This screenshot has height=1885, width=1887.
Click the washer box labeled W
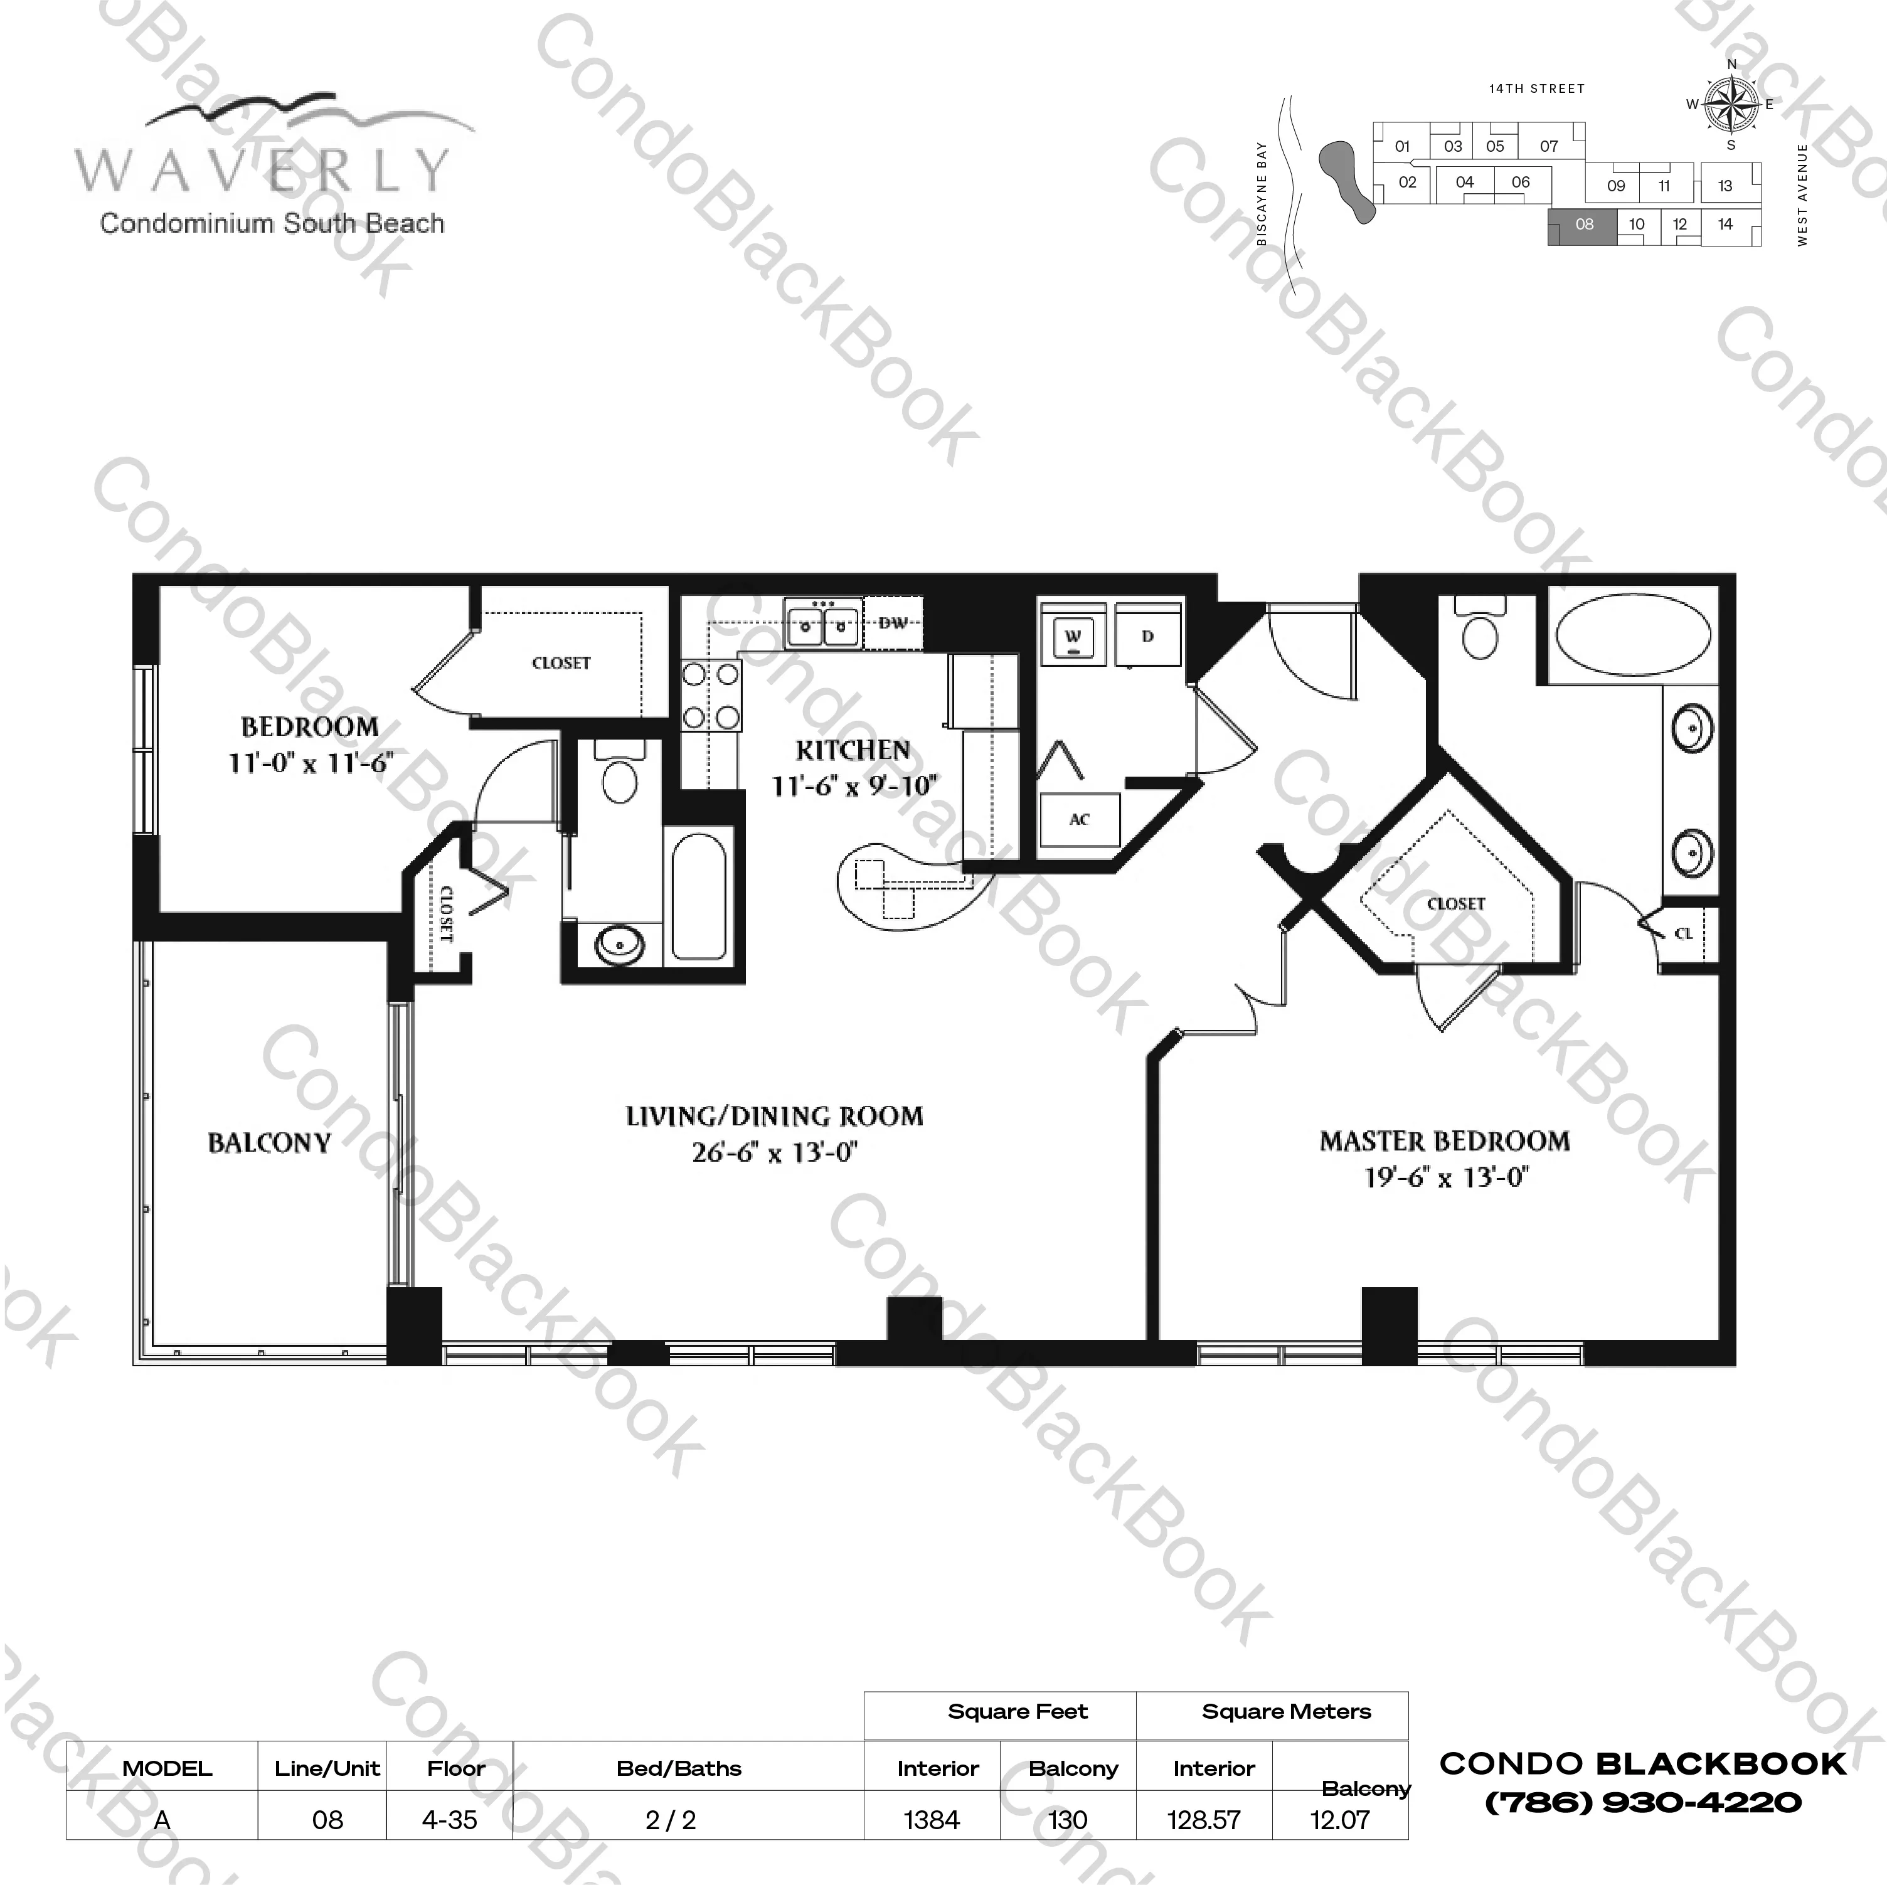1073,637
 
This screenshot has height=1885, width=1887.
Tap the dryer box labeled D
1147,636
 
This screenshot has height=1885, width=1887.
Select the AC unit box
1078,819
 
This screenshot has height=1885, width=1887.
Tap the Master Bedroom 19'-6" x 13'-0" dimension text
1445,1177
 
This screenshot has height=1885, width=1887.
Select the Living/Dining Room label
773,1117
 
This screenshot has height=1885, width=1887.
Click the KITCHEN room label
853,750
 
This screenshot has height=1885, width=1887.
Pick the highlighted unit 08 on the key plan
1583,225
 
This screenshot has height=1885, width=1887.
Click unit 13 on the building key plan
1725,186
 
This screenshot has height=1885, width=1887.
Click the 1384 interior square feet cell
932,1820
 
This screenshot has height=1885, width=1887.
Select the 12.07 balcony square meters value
1339,1820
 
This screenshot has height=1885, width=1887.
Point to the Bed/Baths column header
679,1768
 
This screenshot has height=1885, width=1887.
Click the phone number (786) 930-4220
1643,1803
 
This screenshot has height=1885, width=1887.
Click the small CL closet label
1684,933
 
